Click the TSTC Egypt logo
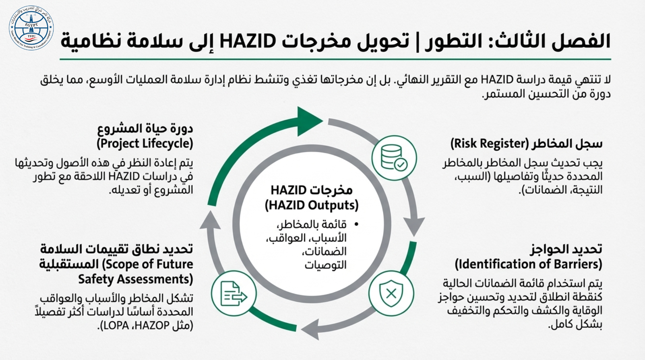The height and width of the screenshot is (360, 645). pos(31,28)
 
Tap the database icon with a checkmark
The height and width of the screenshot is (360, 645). pos(394,158)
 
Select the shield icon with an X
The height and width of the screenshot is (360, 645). pos(391,293)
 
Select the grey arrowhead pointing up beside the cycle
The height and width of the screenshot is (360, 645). pos(210,220)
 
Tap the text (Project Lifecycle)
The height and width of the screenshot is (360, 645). pos(145,143)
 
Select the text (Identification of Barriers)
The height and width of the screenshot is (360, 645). pos(528,264)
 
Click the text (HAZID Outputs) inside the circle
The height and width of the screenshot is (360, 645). pos(312,205)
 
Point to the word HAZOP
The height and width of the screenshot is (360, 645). pos(152,326)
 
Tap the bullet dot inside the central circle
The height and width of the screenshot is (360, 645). pos(357,224)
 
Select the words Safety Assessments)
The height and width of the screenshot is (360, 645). pos(135,279)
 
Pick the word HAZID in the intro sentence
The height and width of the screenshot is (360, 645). pos(497,80)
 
